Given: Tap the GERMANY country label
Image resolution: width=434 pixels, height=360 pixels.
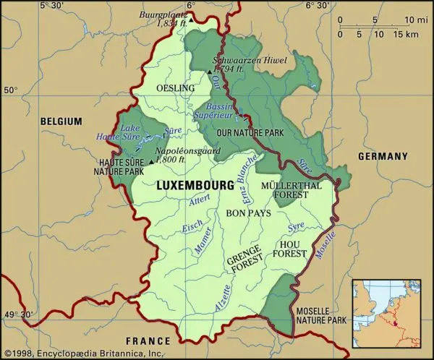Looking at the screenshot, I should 383,156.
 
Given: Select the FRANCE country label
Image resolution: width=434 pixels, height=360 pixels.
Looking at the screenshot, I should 148,340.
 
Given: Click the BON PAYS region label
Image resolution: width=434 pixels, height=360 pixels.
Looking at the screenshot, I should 248,214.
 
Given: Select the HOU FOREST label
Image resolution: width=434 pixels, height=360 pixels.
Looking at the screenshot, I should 294,249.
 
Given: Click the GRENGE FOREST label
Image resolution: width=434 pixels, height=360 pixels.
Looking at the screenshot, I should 244,263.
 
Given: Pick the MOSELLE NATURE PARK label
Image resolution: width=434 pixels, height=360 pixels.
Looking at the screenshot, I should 323,317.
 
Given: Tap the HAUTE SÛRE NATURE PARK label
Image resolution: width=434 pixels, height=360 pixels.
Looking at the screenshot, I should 118,166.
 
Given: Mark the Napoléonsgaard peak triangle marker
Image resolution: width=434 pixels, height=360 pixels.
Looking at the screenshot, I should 151,163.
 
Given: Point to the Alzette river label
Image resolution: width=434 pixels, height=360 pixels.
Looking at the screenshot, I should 224,296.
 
